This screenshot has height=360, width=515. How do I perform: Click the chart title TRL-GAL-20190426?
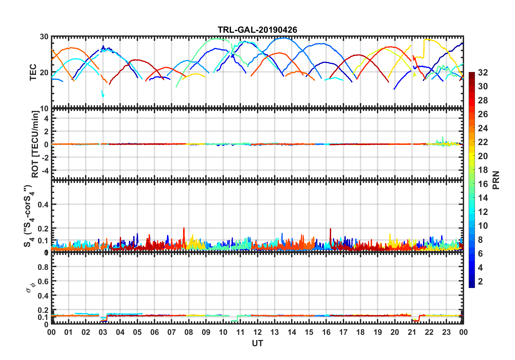point(257,30)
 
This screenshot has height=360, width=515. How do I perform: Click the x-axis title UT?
point(257,343)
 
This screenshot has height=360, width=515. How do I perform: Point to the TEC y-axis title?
point(33,72)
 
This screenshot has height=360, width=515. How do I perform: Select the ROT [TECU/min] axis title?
point(35,144)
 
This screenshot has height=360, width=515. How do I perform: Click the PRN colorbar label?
point(496,180)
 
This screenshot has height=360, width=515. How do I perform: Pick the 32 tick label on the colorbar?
point(483,73)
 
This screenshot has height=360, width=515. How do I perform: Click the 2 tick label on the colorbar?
point(480,282)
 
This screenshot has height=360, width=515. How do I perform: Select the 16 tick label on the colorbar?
point(483,184)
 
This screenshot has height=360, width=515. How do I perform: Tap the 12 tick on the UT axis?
point(257,332)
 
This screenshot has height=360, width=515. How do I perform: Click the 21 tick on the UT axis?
point(412,332)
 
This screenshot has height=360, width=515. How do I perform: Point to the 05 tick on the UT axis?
point(137,332)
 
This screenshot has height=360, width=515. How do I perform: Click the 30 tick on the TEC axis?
point(44,37)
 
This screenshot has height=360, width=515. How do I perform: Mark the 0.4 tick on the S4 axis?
point(43,204)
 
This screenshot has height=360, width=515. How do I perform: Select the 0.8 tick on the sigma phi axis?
point(43,267)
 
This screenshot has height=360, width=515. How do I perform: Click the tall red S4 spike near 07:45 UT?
point(184,229)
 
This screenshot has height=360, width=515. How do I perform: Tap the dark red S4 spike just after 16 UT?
point(330,230)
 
